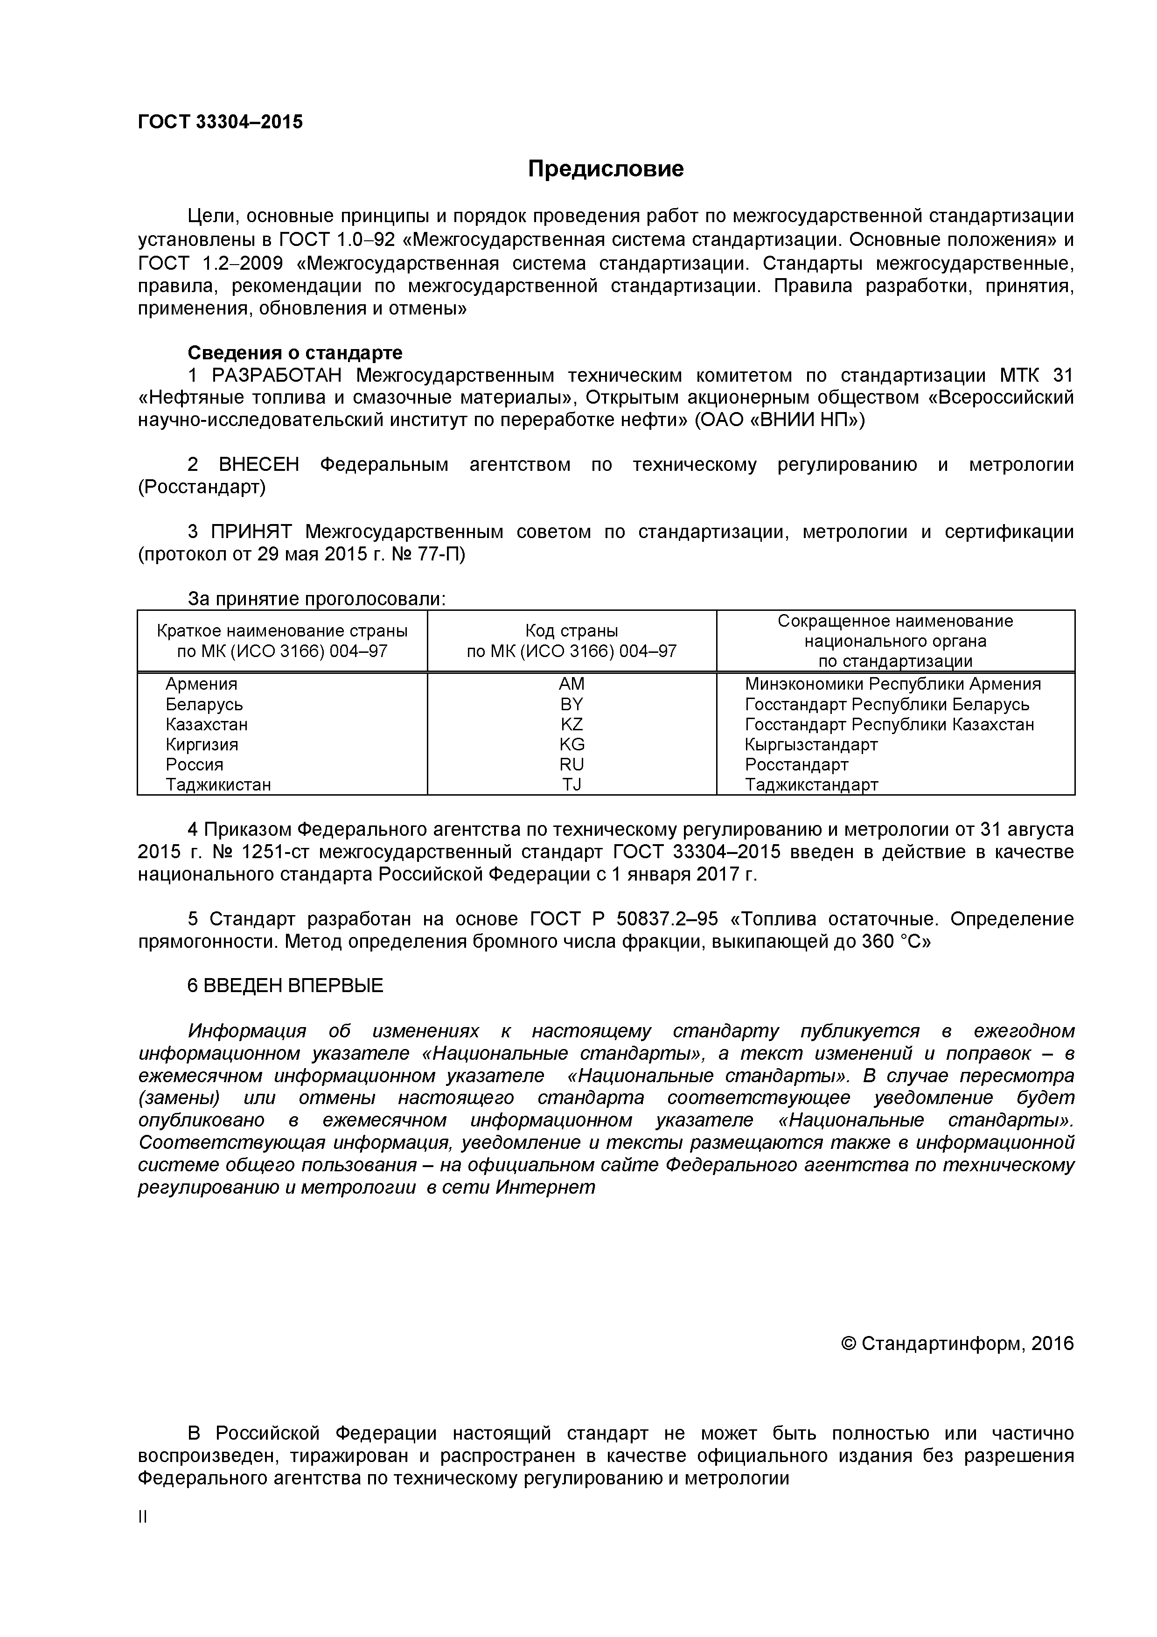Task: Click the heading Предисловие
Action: tap(605, 169)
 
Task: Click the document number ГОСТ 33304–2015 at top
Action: tap(220, 122)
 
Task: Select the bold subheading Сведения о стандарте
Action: tap(294, 352)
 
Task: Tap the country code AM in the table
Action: tap(571, 684)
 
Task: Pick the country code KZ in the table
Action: tap(571, 724)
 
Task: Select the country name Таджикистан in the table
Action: tap(218, 785)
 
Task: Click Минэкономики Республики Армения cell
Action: tap(892, 684)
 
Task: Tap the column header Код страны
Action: tap(571, 630)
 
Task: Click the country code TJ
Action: tap(571, 785)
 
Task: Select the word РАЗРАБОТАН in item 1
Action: tap(277, 375)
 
